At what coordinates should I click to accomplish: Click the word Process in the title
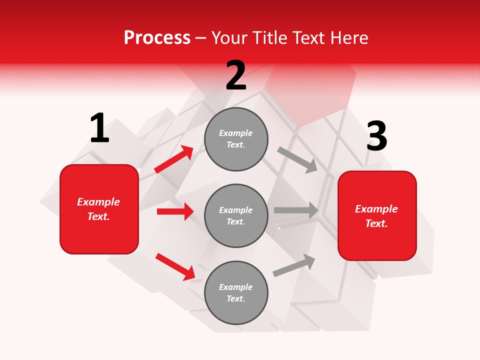tap(157, 38)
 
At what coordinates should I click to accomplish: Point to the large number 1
tap(99, 128)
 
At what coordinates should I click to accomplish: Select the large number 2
tap(236, 75)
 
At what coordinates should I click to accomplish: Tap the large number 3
tap(376, 136)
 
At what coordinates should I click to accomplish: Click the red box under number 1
tap(99, 209)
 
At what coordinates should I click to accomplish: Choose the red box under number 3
tap(377, 216)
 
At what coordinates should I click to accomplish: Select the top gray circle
tap(236, 139)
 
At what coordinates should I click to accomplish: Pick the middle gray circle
tap(236, 215)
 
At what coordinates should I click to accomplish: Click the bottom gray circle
tap(236, 292)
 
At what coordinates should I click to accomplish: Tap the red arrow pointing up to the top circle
tap(174, 159)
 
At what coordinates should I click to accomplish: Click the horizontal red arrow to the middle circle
tap(175, 211)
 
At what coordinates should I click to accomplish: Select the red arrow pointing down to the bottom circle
tap(175, 266)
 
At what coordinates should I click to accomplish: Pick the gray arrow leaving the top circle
tap(297, 159)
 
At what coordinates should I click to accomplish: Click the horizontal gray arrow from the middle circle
tap(296, 210)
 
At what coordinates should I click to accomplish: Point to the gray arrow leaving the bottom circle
tap(294, 265)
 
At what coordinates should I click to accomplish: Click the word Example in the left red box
tap(98, 202)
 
